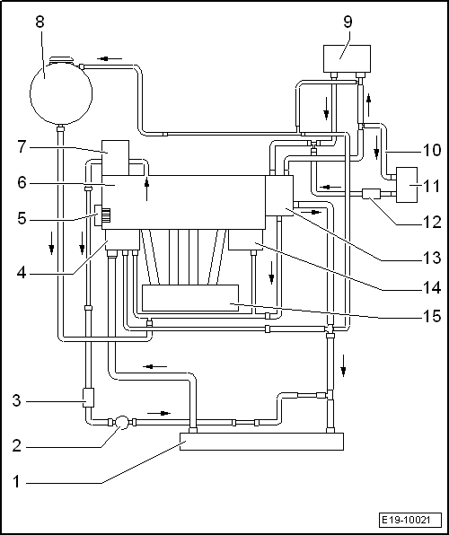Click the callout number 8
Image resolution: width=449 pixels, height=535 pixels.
(x=40, y=22)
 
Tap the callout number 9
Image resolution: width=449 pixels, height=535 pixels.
(x=348, y=22)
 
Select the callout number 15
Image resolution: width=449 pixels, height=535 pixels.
(x=432, y=316)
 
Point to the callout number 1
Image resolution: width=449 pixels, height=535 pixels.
(x=16, y=482)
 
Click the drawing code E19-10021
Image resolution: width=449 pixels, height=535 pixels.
(x=406, y=521)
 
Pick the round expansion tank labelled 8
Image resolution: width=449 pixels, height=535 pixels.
(x=61, y=92)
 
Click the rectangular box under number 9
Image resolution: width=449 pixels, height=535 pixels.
(x=347, y=58)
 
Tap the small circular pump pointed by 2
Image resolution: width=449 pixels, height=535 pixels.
(x=122, y=423)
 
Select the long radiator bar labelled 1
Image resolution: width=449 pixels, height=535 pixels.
(x=261, y=442)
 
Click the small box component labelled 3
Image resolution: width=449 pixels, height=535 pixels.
(x=88, y=397)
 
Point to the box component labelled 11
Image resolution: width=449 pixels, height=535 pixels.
(x=407, y=185)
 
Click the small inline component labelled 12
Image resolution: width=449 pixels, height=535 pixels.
(x=371, y=194)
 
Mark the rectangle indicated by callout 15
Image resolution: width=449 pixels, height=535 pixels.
(x=190, y=298)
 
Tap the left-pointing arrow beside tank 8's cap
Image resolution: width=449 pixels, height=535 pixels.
(x=110, y=58)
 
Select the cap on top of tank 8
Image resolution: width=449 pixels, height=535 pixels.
(x=61, y=60)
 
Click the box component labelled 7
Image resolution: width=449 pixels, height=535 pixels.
(x=116, y=157)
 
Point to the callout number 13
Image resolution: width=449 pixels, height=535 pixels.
(x=432, y=258)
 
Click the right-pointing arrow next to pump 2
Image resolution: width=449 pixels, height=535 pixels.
(x=159, y=413)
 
